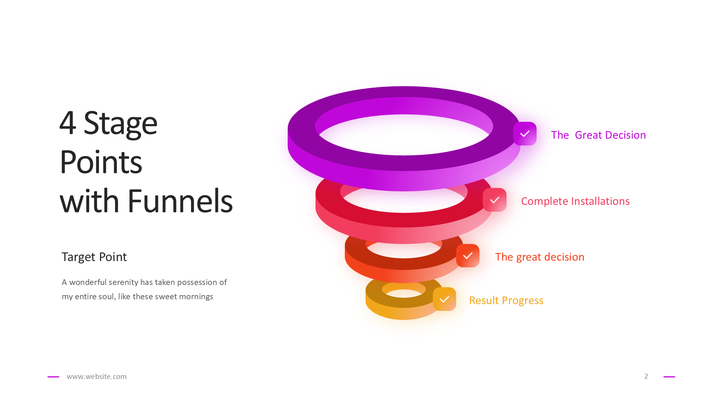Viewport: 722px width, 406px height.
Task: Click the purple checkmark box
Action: [525, 133]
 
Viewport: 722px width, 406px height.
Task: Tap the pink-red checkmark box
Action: [494, 200]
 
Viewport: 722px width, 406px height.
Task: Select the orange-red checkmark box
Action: [467, 256]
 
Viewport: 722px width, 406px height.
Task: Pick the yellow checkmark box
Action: [444, 299]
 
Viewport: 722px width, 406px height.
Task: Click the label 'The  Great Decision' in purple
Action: [598, 135]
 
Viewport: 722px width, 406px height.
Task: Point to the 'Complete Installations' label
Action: [575, 201]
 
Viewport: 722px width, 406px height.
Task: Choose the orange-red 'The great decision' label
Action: [539, 257]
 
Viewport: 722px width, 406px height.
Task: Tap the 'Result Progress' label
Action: [506, 300]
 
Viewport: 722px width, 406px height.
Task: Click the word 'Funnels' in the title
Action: [180, 201]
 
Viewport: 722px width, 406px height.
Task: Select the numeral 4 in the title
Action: [68, 123]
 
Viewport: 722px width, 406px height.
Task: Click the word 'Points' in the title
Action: [101, 162]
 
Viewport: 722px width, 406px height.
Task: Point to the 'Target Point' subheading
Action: [94, 257]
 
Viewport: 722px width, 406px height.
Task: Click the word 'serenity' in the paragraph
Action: [123, 282]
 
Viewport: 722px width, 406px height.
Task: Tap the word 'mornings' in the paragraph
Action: [196, 297]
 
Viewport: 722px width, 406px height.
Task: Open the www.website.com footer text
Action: [96, 376]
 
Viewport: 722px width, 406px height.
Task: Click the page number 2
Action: [646, 376]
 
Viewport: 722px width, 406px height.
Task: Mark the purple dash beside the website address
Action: [53, 376]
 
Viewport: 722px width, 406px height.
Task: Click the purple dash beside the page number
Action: [669, 376]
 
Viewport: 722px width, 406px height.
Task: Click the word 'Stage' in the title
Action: [120, 123]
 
